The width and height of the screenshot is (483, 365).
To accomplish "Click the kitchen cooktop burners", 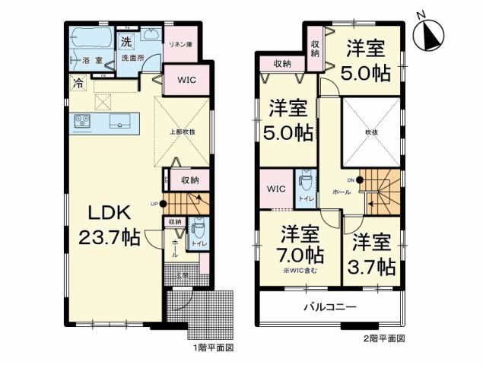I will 81,122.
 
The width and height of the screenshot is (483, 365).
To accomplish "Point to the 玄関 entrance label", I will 182,275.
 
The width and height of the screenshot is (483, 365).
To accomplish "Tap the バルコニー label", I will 331,307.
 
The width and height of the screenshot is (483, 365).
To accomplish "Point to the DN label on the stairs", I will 350,180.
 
